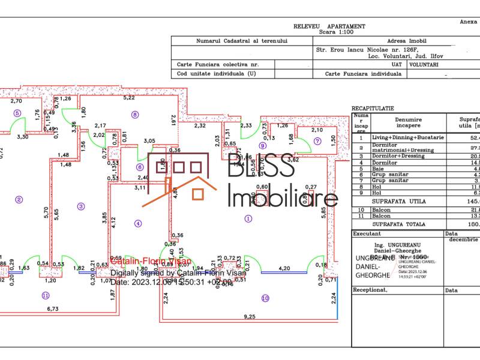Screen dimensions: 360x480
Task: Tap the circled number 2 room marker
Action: tap(19, 200)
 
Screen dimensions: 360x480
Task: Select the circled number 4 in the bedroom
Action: tap(139, 224)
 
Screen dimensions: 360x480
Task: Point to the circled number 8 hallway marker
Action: tap(135, 115)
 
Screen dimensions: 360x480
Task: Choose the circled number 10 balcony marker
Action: tap(265, 298)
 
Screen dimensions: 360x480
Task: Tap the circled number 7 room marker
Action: tap(317, 142)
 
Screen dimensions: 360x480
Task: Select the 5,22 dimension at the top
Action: tap(128, 97)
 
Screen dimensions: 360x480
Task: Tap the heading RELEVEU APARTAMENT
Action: tap(329, 26)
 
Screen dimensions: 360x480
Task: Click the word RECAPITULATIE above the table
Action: tap(373, 109)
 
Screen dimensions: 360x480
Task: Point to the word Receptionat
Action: tap(371, 289)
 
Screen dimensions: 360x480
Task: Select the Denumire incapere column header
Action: tap(408, 123)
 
